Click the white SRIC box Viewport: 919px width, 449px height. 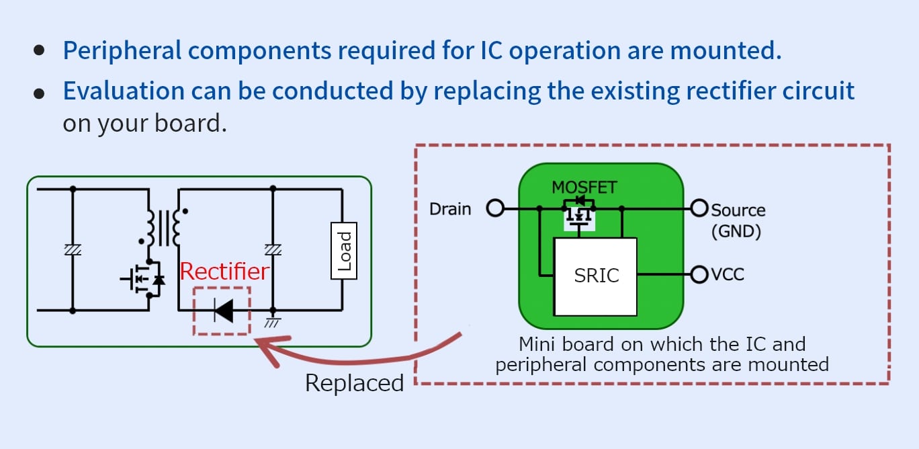pyautogui.click(x=595, y=276)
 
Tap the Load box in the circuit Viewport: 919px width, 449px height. pyautogui.click(x=344, y=251)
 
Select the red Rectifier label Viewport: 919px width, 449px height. pyautogui.click(x=224, y=272)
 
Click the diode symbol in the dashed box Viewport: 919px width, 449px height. pyautogui.click(x=223, y=310)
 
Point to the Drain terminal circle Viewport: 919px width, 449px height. pyautogui.click(x=495, y=209)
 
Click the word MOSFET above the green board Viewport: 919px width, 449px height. pyautogui.click(x=584, y=187)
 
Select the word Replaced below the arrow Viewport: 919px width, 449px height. pyautogui.click(x=354, y=382)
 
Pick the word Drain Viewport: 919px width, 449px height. pyautogui.click(x=450, y=209)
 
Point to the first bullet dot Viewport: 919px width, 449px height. pyautogui.click(x=40, y=50)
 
